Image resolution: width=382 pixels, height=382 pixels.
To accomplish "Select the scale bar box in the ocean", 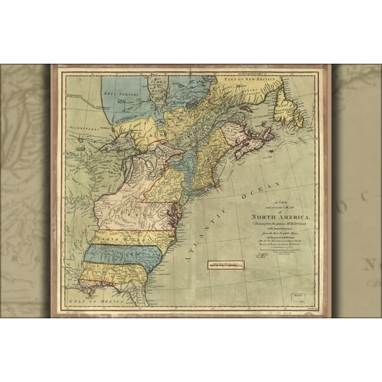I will [x=225, y=265].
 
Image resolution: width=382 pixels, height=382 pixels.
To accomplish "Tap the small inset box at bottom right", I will [x=297, y=290].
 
